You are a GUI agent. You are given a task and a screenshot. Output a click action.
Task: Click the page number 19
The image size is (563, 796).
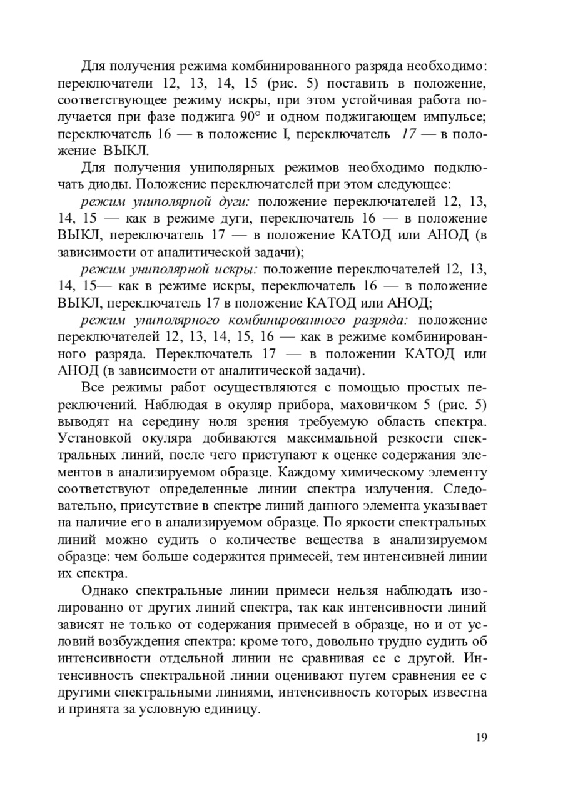(480, 738)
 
